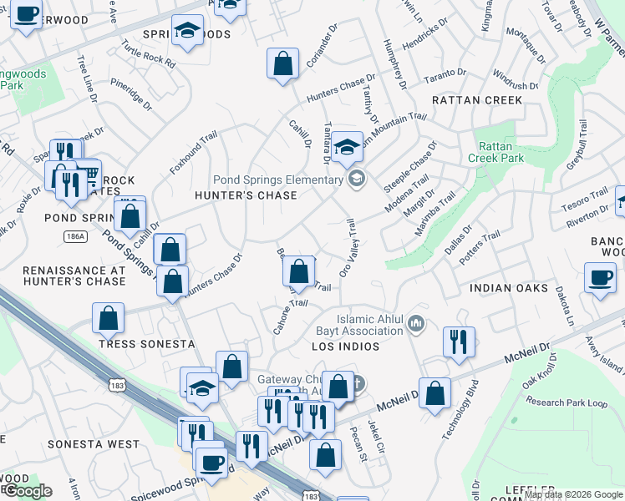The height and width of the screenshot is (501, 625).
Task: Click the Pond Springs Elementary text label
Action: pos(278,179)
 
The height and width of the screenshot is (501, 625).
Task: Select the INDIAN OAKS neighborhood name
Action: pos(509,288)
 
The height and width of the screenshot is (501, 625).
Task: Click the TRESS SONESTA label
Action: pos(146,344)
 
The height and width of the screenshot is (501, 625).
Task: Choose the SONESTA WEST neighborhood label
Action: pos(94,444)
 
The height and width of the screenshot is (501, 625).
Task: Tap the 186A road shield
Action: pos(75,237)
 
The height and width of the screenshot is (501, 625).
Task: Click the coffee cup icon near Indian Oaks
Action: pos(601,278)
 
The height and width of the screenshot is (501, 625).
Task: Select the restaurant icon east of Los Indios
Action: pos(459,341)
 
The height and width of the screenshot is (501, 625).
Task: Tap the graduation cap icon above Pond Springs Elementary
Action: pos(346,148)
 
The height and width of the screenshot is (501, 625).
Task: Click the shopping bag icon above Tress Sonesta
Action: pos(109,317)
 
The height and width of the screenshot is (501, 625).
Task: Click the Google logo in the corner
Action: pos(27,491)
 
